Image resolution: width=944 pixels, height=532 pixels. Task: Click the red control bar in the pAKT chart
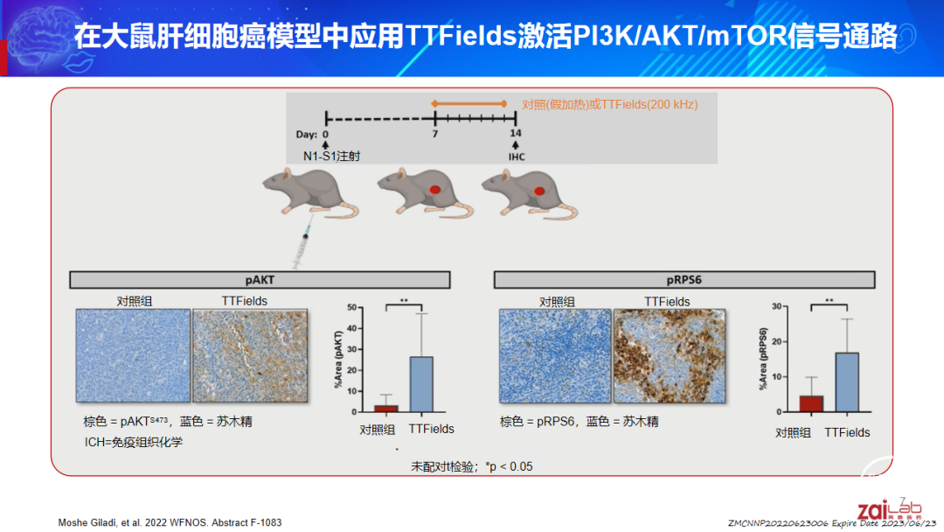click(x=386, y=409)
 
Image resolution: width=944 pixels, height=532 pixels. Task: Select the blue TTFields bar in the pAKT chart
click(x=421, y=384)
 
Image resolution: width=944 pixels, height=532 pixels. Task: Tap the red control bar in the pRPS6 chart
click(x=811, y=403)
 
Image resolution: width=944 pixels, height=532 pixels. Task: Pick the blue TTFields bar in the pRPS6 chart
click(x=847, y=382)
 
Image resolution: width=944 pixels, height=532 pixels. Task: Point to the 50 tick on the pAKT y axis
click(x=352, y=307)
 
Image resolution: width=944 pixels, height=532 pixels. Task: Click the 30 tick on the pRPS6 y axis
click(x=777, y=306)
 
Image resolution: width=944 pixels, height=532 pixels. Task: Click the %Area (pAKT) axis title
click(x=338, y=359)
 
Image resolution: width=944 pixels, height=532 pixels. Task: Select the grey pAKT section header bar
click(x=260, y=279)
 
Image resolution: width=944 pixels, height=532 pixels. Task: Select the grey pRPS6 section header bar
click(x=684, y=279)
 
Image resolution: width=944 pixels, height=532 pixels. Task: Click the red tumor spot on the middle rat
click(x=434, y=190)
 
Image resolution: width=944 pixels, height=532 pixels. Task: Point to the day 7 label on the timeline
click(x=434, y=134)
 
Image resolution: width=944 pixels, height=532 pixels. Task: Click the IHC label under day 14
click(x=517, y=157)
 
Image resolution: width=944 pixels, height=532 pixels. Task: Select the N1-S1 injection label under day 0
click(x=332, y=156)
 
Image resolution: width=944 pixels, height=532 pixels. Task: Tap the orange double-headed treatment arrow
click(x=469, y=104)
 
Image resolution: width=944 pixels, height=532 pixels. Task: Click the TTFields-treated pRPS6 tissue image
click(x=670, y=356)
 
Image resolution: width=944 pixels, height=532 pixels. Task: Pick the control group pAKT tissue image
click(x=133, y=355)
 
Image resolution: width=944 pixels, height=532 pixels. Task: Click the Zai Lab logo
click(x=890, y=509)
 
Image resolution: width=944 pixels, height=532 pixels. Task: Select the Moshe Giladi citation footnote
click(x=170, y=522)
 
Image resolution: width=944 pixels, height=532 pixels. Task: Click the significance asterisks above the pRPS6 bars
click(x=829, y=301)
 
